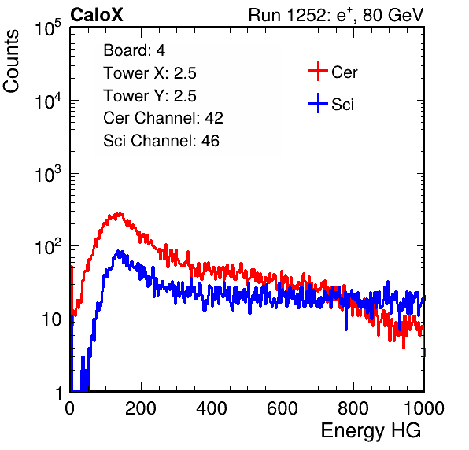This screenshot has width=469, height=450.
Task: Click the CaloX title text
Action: [x=96, y=15]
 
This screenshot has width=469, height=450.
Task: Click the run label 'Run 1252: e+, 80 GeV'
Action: [x=336, y=15]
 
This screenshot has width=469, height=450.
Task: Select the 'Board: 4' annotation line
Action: [x=134, y=50]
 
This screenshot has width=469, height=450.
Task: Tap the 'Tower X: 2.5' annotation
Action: [x=150, y=73]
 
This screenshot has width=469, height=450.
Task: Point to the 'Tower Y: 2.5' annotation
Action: [x=150, y=96]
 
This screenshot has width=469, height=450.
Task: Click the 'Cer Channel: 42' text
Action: [x=164, y=118]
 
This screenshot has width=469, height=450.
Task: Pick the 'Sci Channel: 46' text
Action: [x=161, y=141]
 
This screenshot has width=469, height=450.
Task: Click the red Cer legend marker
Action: [x=318, y=71]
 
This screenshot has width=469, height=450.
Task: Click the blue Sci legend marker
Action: [x=318, y=104]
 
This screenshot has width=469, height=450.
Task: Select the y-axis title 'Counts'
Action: [x=11, y=61]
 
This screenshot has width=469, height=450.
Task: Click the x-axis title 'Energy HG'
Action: [x=371, y=430]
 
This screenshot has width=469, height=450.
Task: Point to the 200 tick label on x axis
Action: [x=141, y=408]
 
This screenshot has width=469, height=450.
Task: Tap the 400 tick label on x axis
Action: [x=212, y=408]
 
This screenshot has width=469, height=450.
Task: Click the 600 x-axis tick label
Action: [x=283, y=408]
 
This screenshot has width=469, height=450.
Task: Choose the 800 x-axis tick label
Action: [x=353, y=408]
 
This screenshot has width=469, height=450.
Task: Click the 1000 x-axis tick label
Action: [x=424, y=408]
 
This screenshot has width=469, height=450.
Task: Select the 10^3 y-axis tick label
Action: [x=48, y=173]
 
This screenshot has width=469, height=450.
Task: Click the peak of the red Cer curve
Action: [x=120, y=213]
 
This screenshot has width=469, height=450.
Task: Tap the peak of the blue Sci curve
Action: [x=118, y=251]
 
